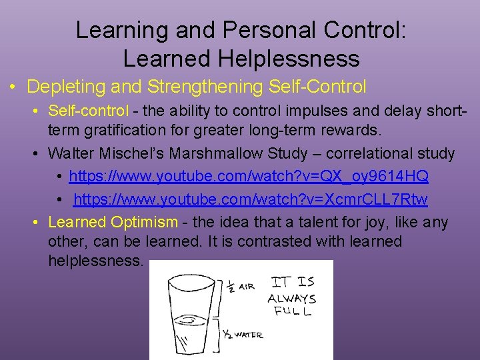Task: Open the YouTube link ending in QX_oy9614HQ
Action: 248,177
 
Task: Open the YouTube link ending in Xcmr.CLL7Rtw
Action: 250,199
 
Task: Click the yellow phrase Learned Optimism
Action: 113,222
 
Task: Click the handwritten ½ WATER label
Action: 241,334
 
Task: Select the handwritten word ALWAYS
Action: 291,299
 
